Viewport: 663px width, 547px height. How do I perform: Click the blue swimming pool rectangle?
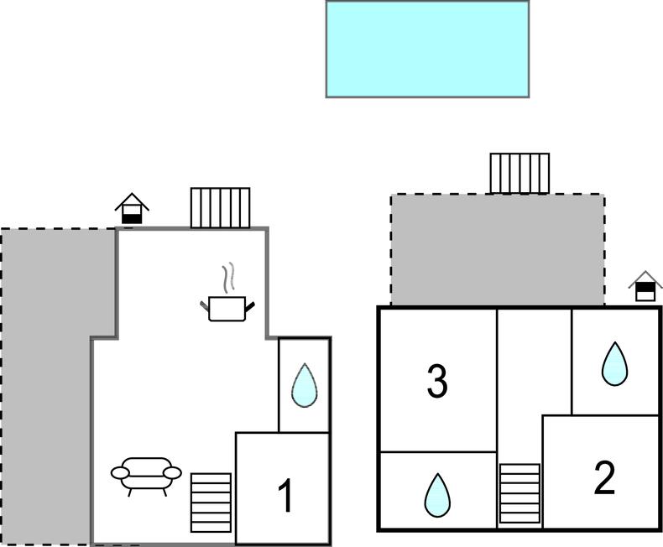click(427, 49)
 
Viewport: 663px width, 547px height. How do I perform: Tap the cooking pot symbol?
click(227, 308)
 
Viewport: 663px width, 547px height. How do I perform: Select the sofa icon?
click(146, 473)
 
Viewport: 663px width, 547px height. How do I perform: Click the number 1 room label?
click(285, 496)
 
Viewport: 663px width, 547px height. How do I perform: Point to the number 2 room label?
click(604, 477)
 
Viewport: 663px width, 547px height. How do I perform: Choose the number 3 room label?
click(436, 381)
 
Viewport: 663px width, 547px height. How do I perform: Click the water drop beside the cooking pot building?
click(304, 385)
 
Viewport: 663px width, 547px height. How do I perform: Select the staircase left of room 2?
click(519, 494)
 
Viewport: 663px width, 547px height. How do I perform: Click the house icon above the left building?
click(132, 208)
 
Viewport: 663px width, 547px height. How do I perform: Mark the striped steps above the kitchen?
click(220, 207)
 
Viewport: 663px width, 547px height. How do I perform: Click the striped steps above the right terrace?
click(519, 173)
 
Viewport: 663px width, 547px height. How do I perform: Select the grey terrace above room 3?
click(497, 249)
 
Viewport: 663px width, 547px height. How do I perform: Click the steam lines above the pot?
click(227, 277)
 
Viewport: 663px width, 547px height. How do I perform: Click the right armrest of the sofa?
click(172, 473)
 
